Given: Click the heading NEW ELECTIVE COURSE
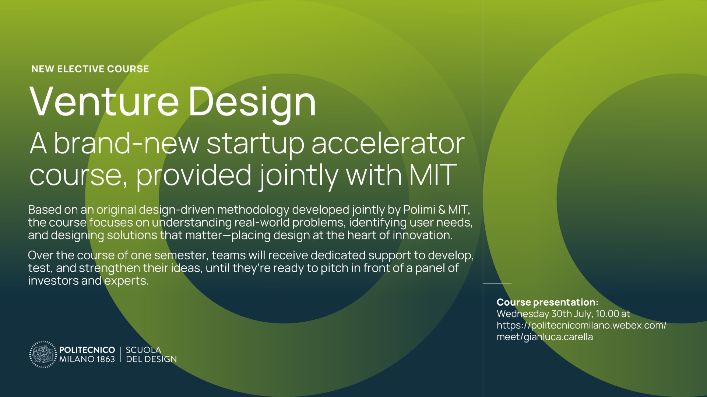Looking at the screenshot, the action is (90, 69).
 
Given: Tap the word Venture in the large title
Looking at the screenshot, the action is (104, 102).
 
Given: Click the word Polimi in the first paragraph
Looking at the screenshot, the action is (419, 210).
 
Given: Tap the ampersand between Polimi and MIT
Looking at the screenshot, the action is (442, 210).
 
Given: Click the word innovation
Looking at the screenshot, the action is (422, 235).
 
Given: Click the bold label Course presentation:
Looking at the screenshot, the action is (547, 303).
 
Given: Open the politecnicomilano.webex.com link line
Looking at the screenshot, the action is (581, 326).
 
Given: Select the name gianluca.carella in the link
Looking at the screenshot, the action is (558, 337).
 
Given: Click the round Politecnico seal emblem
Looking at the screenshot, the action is (43, 354).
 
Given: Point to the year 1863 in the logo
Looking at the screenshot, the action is (106, 359).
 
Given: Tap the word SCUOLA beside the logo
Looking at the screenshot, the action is (144, 350).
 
